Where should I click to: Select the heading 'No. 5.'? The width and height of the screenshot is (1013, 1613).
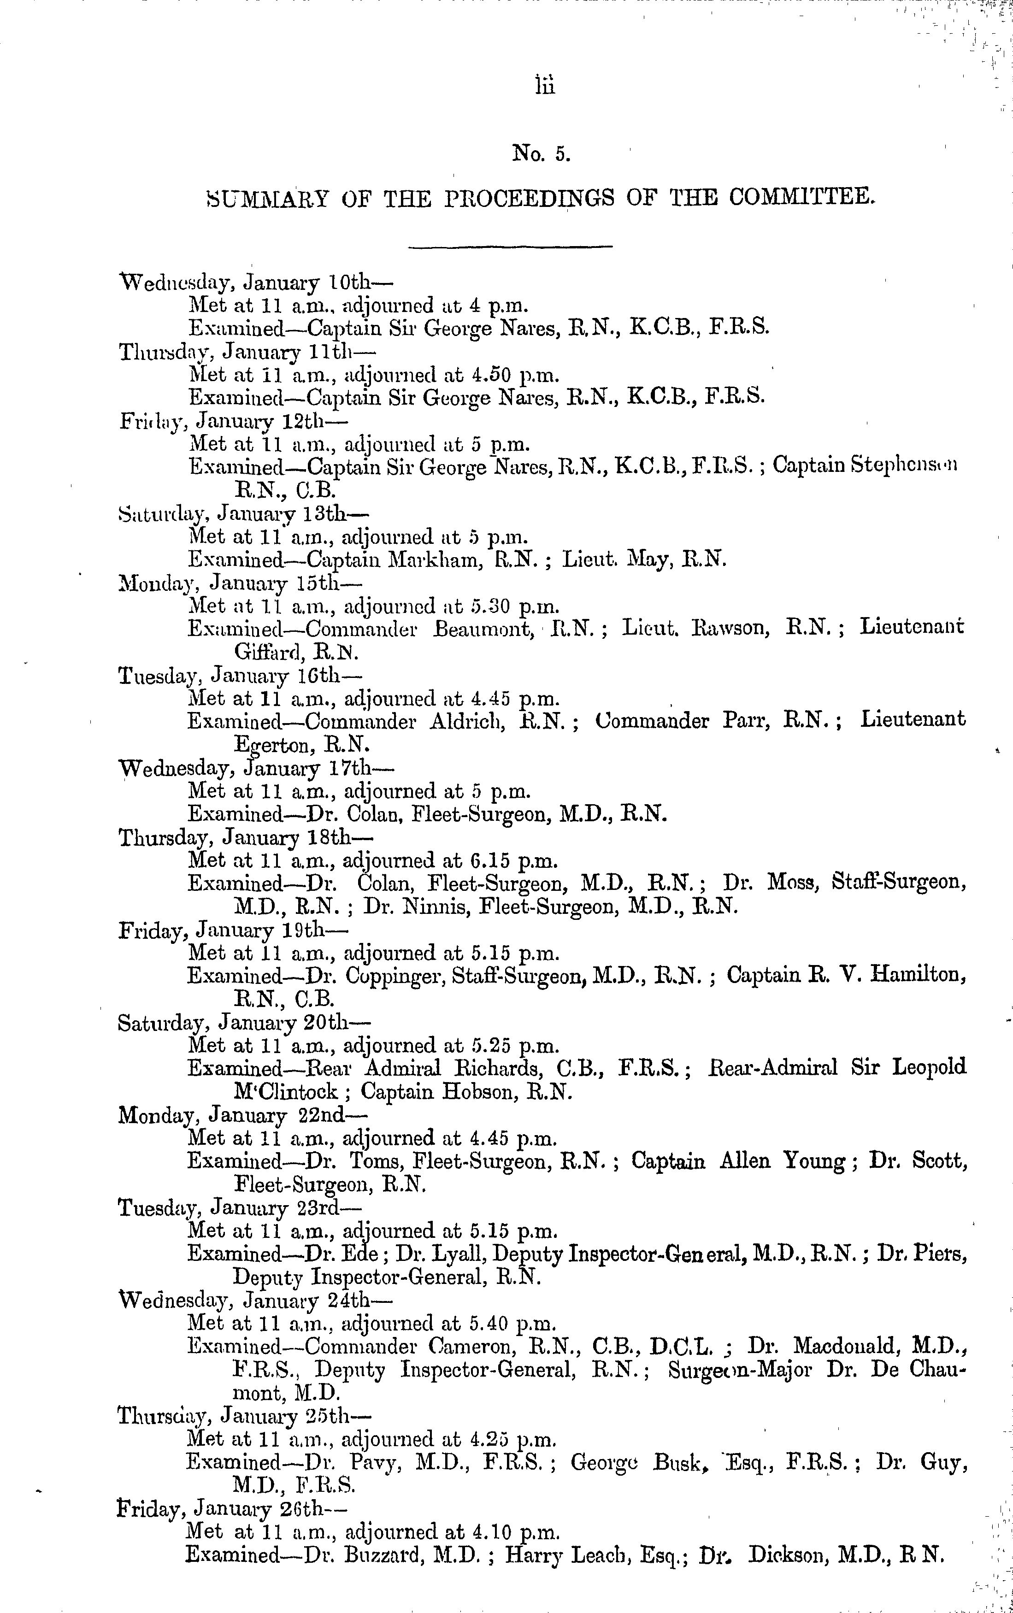coord(540,155)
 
